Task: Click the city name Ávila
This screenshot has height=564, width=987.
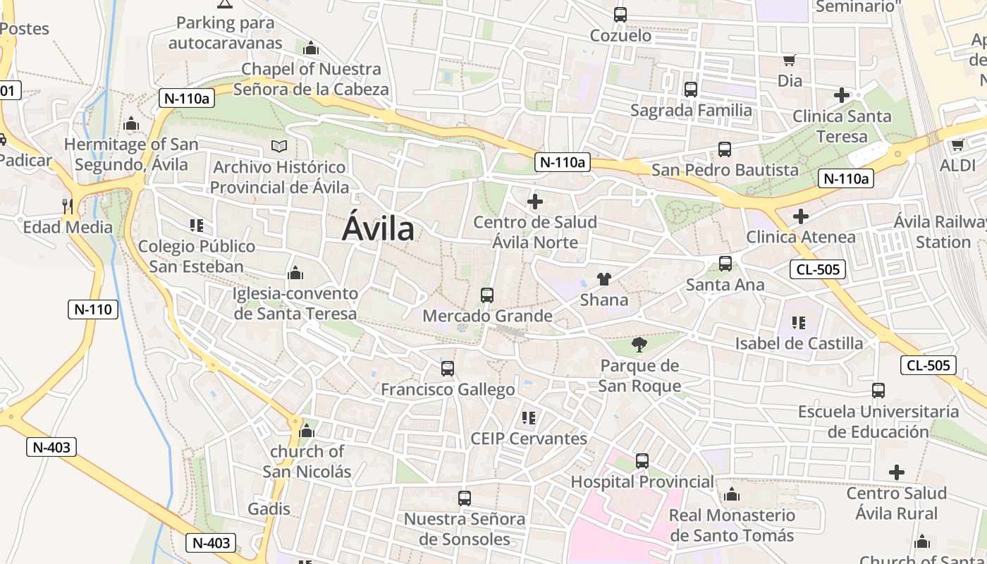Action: (378, 229)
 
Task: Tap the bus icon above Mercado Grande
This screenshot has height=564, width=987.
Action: (486, 295)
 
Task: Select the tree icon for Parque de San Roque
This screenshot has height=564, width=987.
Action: (639, 345)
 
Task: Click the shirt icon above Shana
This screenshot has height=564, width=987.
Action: (604, 279)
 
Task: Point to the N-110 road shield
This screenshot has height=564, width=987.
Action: (93, 309)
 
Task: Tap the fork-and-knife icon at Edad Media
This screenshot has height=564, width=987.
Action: (68, 206)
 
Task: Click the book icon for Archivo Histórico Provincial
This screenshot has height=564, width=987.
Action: (280, 147)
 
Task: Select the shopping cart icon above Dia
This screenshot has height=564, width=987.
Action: (790, 61)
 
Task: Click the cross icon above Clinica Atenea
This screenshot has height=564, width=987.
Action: (800, 216)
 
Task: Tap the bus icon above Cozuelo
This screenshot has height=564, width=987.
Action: (620, 14)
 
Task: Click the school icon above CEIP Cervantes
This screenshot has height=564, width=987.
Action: (529, 418)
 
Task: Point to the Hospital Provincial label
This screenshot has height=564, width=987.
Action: (642, 482)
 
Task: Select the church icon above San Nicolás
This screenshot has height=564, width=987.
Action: (307, 431)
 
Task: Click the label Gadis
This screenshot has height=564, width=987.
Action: (269, 509)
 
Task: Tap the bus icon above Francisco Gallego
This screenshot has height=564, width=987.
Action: (448, 369)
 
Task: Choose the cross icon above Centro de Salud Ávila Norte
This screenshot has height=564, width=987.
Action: (535, 202)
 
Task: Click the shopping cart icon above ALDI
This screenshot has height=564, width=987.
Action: (957, 145)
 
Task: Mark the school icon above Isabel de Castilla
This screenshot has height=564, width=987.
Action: (798, 323)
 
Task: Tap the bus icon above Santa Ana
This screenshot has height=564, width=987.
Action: (725, 264)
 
